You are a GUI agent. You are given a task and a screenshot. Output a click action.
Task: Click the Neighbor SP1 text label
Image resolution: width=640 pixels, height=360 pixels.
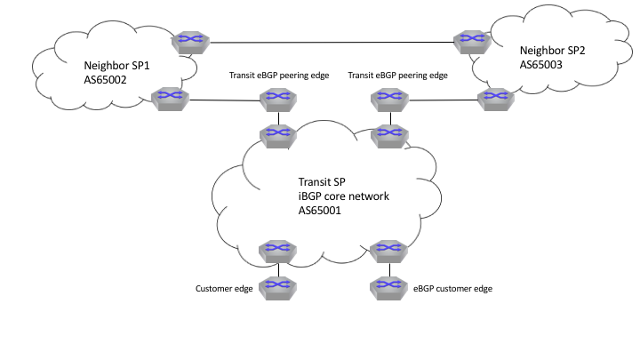point(116,65)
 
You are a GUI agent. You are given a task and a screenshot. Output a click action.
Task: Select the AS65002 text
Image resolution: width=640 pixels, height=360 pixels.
point(105,80)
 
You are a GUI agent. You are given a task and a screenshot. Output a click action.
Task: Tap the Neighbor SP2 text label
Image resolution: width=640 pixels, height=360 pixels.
point(552,50)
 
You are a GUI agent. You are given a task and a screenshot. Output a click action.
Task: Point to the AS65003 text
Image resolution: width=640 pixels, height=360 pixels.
point(540,65)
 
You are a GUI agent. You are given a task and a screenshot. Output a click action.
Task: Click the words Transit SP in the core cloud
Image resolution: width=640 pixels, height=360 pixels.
point(322,181)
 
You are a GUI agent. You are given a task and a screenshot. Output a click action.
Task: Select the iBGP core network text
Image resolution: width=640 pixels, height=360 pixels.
point(344,196)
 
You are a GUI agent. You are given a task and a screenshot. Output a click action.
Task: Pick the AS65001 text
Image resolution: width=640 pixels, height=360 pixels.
point(320,210)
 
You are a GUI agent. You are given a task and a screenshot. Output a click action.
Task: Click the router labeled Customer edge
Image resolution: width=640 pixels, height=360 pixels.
point(277,289)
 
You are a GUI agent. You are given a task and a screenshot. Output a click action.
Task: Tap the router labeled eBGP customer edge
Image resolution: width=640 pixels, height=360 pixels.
point(388,289)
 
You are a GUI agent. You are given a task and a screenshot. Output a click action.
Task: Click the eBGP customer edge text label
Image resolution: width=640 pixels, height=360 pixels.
point(452,289)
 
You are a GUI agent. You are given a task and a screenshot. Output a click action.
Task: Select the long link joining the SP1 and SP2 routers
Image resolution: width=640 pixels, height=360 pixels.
point(332,42)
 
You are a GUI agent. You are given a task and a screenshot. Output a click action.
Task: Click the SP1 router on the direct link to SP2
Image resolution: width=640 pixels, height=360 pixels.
point(190,43)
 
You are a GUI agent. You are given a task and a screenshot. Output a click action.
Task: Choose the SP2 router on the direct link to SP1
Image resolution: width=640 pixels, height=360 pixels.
point(472,42)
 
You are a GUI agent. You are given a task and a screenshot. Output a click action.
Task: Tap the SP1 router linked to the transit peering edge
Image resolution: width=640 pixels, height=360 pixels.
point(170,99)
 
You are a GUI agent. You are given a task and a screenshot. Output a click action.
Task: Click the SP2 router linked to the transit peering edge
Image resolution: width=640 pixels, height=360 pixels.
point(496,100)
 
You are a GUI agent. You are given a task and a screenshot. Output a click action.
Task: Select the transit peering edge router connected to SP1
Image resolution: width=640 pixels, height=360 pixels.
point(278,100)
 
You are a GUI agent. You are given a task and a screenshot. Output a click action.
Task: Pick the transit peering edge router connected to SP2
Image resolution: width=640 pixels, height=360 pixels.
point(390,100)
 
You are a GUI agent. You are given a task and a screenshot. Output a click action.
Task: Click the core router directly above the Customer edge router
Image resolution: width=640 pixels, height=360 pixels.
point(277,252)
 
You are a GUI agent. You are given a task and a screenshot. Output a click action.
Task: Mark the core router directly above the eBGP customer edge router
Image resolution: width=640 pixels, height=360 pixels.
point(388,252)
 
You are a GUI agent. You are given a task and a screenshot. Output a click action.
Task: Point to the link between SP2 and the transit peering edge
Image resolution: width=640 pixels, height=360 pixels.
point(444,100)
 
